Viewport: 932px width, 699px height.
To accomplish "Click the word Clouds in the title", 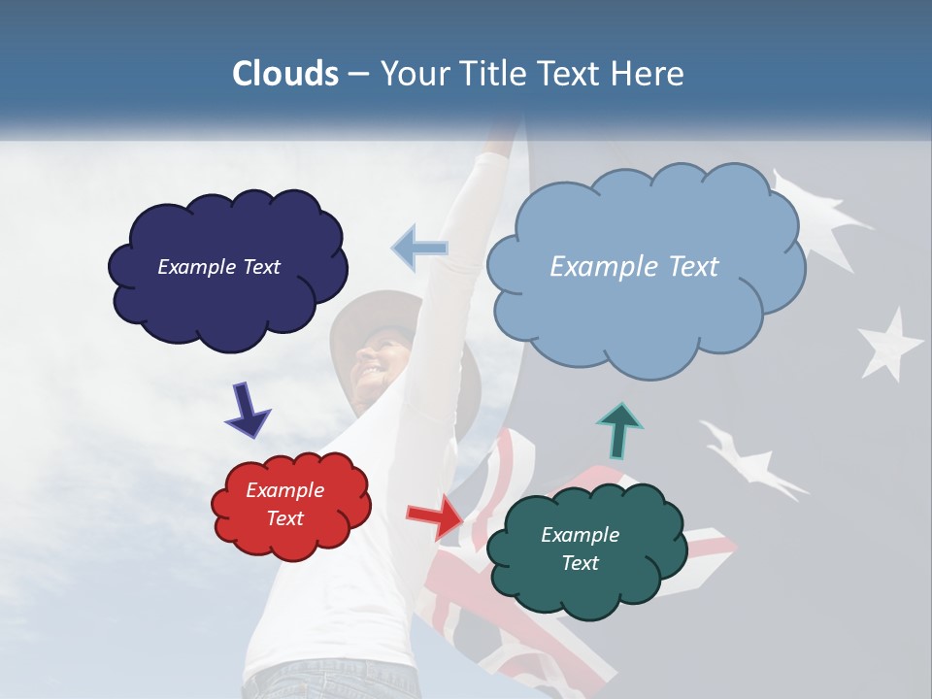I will (x=285, y=74).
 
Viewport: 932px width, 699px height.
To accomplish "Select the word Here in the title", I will (x=648, y=74).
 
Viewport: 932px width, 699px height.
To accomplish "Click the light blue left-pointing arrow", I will (x=419, y=249).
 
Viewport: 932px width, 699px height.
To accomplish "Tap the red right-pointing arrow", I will (x=437, y=515).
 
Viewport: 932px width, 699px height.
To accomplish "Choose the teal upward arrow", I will (x=619, y=429).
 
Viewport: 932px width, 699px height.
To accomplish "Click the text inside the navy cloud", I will (x=218, y=266).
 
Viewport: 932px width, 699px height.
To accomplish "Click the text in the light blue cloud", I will (x=634, y=266).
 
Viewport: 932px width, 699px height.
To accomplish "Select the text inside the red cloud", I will (x=285, y=504).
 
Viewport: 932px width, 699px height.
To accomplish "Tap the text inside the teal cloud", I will (x=581, y=549).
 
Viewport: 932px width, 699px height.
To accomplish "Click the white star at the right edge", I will (x=889, y=345).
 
